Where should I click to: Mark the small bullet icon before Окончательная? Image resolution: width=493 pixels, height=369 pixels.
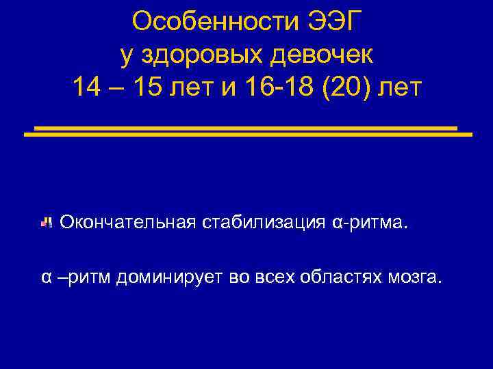[x=47, y=222]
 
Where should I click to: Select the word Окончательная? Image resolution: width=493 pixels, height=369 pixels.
[x=128, y=222]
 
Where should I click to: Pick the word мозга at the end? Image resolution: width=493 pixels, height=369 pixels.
[x=412, y=277]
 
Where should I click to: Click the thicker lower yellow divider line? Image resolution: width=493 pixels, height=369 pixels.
[x=248, y=135]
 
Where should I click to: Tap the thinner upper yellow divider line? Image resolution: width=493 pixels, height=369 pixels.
[x=245, y=127]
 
